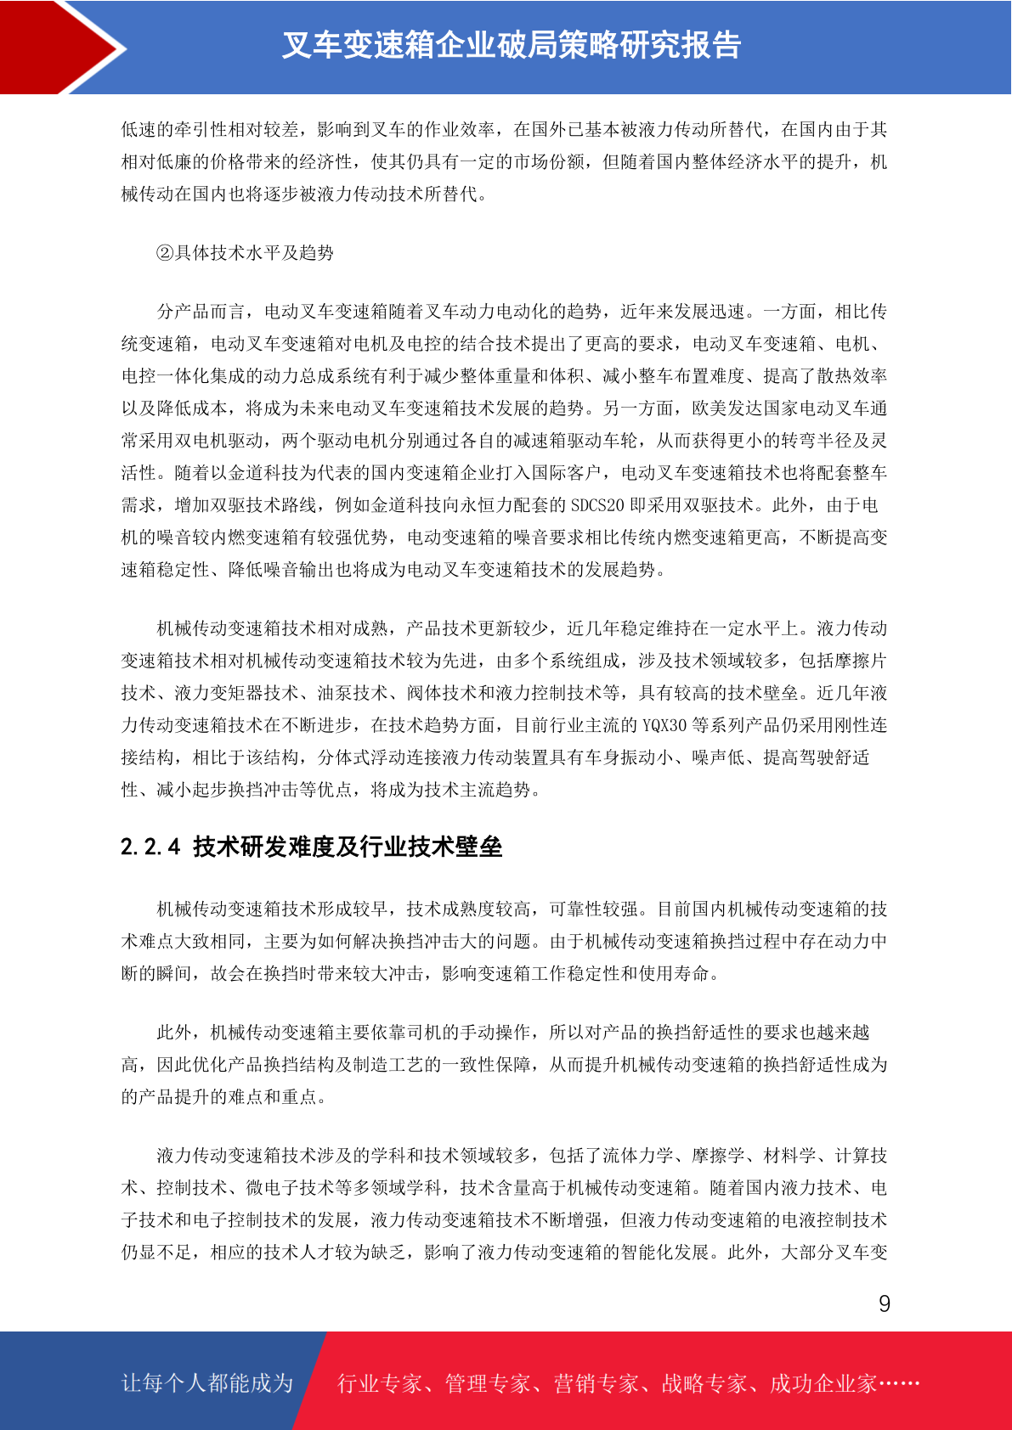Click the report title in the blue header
click(512, 46)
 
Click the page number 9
click(885, 1303)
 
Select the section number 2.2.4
click(150, 847)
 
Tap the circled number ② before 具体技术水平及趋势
click(165, 253)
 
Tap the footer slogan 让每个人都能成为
click(207, 1383)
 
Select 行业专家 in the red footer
click(380, 1384)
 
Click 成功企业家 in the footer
click(823, 1384)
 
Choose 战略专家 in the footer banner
click(704, 1384)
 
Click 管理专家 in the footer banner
click(488, 1384)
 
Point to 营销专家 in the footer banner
click(596, 1384)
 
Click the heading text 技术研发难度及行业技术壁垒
click(348, 847)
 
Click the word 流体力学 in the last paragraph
click(637, 1156)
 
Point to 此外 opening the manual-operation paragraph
click(174, 1033)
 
